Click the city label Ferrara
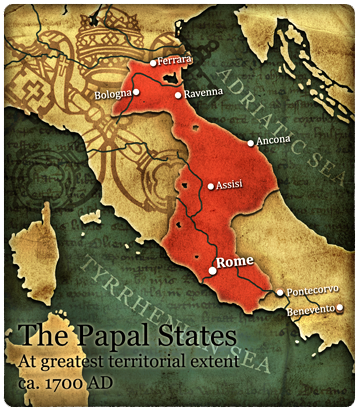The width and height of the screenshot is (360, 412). pyautogui.click(x=174, y=61)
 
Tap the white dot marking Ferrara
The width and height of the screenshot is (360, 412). pyautogui.click(x=153, y=63)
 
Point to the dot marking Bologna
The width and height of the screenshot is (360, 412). pyautogui.click(x=135, y=93)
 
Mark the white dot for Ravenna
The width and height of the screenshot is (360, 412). pyautogui.click(x=177, y=96)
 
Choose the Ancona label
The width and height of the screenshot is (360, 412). pyautogui.click(x=271, y=142)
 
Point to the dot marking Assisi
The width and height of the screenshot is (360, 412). pyautogui.click(x=210, y=186)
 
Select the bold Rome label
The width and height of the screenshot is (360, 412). pyautogui.click(x=236, y=264)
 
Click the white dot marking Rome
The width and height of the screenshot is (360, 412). pyautogui.click(x=212, y=270)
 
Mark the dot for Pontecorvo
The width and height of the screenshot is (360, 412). pyautogui.click(x=280, y=292)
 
